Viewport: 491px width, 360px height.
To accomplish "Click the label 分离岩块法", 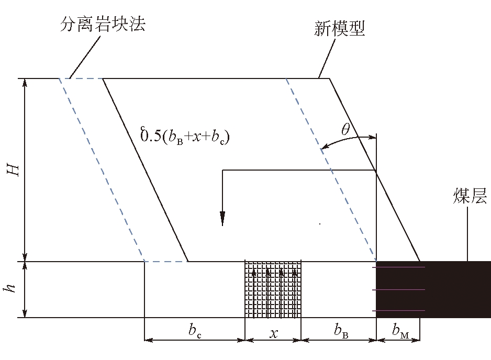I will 102,25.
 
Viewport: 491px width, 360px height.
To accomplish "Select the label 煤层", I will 470,197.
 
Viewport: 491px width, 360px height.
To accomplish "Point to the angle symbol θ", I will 345,130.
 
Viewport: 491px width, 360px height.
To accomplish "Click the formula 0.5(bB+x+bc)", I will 185,138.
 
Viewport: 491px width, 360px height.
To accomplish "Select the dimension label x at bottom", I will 273,332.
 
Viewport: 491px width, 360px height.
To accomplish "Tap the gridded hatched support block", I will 273,289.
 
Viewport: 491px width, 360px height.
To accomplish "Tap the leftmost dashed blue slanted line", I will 102,170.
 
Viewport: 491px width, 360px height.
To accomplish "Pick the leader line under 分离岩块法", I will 83,57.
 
